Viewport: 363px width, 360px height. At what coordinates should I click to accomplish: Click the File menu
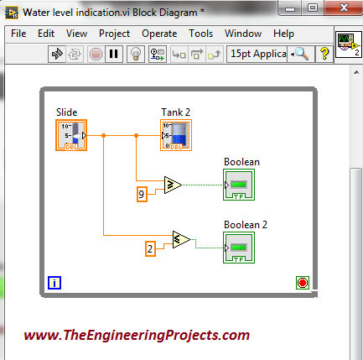click(x=18, y=34)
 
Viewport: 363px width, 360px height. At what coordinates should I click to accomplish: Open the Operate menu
click(x=159, y=34)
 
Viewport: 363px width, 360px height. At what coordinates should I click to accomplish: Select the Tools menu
click(x=200, y=34)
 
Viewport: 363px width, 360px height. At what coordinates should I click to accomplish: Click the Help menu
click(x=283, y=34)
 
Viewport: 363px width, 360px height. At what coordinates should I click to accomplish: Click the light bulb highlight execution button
click(x=136, y=54)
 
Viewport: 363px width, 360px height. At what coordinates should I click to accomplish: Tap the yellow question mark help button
click(x=324, y=54)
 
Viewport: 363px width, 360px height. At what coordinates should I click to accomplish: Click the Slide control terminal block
click(x=71, y=135)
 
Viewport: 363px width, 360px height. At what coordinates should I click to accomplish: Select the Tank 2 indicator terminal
click(x=176, y=135)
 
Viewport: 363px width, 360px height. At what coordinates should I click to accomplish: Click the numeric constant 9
click(x=142, y=194)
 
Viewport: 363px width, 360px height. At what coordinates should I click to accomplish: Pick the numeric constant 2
click(x=150, y=248)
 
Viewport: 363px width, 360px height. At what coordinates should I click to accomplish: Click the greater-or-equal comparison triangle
click(x=173, y=185)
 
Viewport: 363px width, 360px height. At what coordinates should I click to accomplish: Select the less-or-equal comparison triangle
click(x=181, y=239)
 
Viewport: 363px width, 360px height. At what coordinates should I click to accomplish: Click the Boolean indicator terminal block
click(x=239, y=185)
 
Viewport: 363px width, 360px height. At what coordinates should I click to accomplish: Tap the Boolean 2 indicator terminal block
click(x=239, y=248)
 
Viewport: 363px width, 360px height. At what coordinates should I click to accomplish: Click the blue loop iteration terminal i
click(x=54, y=283)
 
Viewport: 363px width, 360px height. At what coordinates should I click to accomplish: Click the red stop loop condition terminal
click(x=303, y=283)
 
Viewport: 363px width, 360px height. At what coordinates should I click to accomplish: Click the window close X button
click(x=344, y=8)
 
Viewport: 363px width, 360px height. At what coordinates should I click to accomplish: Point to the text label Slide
click(x=66, y=112)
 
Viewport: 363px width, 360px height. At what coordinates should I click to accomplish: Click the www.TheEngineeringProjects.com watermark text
click(x=137, y=335)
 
